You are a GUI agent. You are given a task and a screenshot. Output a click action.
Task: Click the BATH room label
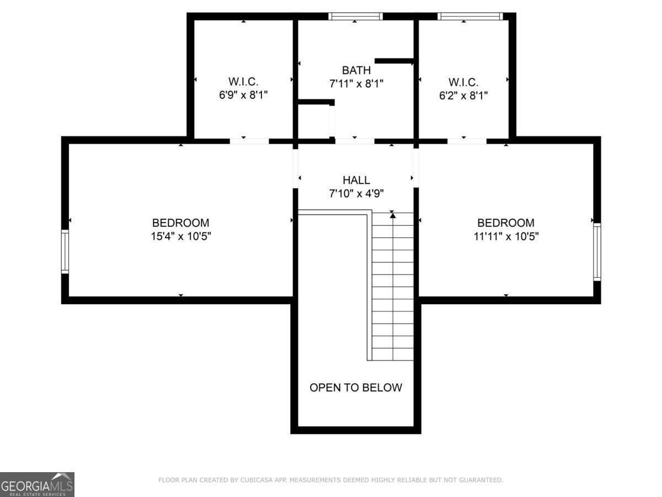[356, 70]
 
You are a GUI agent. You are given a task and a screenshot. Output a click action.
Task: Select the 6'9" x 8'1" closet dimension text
[243, 95]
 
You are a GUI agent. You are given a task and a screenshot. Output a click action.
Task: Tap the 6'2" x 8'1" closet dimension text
[463, 95]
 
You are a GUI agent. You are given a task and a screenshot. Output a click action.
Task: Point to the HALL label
[356, 180]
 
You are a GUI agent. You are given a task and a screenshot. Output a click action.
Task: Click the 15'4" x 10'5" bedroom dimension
[180, 236]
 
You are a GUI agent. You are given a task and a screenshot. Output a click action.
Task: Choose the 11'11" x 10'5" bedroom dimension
[505, 236]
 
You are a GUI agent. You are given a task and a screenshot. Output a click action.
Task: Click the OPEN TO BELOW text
[356, 388]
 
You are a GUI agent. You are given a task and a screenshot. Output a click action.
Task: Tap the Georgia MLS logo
[37, 484]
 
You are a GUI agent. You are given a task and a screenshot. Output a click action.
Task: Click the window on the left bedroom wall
[65, 252]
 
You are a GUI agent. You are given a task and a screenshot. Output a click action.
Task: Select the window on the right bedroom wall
[596, 252]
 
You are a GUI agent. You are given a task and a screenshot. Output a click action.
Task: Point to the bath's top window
[355, 17]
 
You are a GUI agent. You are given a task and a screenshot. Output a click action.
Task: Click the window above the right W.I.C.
[470, 17]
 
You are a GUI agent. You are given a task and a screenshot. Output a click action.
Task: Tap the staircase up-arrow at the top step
[393, 215]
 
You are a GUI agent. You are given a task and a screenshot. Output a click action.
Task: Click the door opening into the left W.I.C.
[249, 141]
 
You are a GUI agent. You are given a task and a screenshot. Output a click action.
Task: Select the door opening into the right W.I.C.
[467, 141]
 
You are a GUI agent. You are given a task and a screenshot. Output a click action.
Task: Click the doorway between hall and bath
[354, 141]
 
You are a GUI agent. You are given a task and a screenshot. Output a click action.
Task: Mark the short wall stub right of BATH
[394, 61]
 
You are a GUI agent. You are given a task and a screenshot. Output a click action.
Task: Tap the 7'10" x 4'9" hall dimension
[356, 193]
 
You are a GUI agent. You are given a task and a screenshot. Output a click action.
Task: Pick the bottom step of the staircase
[393, 354]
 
